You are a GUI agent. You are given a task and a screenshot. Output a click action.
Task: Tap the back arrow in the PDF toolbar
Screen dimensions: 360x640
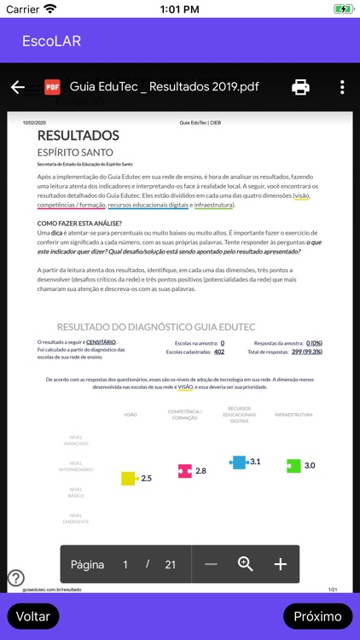17,87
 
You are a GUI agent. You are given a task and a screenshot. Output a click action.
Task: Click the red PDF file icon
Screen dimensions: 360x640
52,87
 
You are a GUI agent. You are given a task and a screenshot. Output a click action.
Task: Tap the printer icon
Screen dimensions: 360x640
300,87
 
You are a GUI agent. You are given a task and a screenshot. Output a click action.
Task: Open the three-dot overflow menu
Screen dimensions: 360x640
342,87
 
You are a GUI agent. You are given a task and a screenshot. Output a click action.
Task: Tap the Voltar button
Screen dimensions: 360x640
33,616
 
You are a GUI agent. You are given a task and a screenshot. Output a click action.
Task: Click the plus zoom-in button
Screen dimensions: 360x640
280,564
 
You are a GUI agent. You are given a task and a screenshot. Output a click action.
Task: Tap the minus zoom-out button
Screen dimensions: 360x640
211,564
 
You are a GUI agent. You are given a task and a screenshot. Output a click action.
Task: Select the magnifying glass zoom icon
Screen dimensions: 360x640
246,564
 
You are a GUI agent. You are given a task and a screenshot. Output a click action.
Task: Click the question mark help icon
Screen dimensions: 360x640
15,578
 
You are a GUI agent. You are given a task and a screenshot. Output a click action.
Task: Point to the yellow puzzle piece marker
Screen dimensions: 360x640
129,479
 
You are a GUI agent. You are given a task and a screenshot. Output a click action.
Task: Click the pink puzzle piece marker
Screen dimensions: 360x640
184,471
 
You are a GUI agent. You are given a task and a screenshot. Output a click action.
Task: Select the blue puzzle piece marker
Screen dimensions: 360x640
239,462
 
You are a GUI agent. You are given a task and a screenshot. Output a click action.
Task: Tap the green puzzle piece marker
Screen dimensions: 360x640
293,465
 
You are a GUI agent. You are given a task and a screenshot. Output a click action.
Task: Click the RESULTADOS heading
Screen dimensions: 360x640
78,136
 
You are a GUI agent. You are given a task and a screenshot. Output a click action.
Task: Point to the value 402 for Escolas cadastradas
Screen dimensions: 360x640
219,352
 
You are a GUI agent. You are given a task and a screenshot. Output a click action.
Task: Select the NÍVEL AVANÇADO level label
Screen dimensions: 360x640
76,440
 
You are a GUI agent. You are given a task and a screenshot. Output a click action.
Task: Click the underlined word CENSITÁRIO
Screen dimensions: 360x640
101,342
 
